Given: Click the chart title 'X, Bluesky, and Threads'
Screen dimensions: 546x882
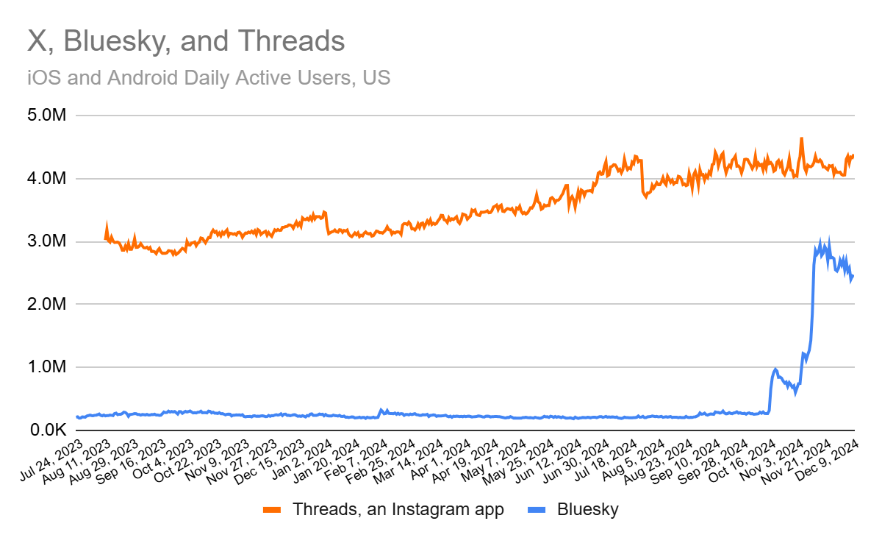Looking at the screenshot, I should pyautogui.click(x=186, y=41).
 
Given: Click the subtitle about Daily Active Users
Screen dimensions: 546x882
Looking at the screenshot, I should pyautogui.click(x=209, y=77).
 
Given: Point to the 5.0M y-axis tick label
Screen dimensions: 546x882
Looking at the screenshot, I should pyautogui.click(x=46, y=116).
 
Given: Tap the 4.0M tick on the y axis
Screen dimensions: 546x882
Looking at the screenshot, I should pyautogui.click(x=46, y=179).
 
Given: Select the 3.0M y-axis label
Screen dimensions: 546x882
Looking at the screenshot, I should pyautogui.click(x=46, y=241).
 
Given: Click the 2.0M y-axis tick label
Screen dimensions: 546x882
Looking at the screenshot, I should pyautogui.click(x=46, y=304).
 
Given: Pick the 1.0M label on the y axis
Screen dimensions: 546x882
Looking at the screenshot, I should pyautogui.click(x=46, y=367).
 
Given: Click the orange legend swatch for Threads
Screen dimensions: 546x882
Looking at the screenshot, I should pyautogui.click(x=273, y=509).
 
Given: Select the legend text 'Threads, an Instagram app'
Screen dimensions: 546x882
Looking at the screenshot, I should pyautogui.click(x=398, y=509).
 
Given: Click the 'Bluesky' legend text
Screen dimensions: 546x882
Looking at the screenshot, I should pyautogui.click(x=588, y=509).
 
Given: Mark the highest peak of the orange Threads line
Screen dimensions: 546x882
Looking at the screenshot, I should pyautogui.click(x=801, y=138).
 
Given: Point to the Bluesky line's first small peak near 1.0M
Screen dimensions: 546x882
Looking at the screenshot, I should pyautogui.click(x=775, y=369).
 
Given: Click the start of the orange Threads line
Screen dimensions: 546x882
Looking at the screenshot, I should pyautogui.click(x=106, y=237).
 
